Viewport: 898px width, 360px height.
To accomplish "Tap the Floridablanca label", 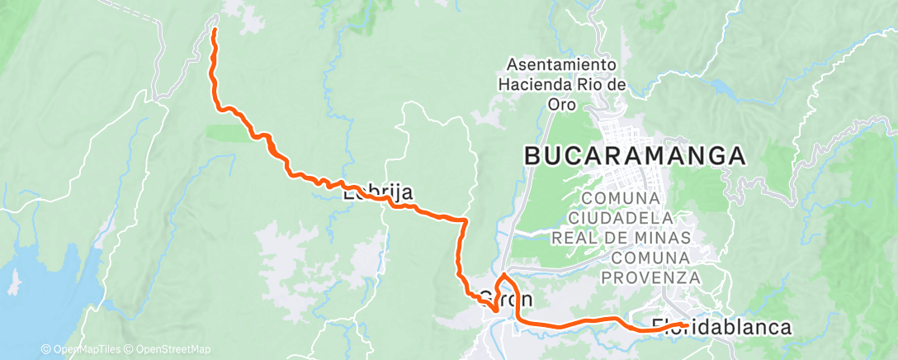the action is tap(721, 327).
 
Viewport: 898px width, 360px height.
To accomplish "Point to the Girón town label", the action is tap(505, 298).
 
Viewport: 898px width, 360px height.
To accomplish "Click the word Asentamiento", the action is tap(562, 64).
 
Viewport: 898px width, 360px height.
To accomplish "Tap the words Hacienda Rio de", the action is tap(562, 84).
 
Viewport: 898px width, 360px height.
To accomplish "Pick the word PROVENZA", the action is tap(650, 278).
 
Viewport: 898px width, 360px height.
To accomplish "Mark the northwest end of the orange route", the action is tap(215, 31).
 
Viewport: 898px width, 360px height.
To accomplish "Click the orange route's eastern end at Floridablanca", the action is tap(685, 324).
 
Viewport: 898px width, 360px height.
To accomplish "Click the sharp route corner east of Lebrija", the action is tap(466, 221).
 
